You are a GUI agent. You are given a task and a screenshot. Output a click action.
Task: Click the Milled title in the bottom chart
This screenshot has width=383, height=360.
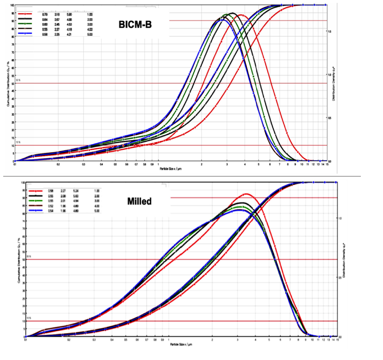(139, 201)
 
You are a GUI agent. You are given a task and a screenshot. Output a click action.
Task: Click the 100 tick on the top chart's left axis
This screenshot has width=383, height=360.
(12, 5)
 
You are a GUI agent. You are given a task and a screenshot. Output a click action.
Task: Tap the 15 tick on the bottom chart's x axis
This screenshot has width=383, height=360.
(337, 341)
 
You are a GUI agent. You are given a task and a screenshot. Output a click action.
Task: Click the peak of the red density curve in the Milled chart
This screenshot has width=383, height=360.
(246, 194)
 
